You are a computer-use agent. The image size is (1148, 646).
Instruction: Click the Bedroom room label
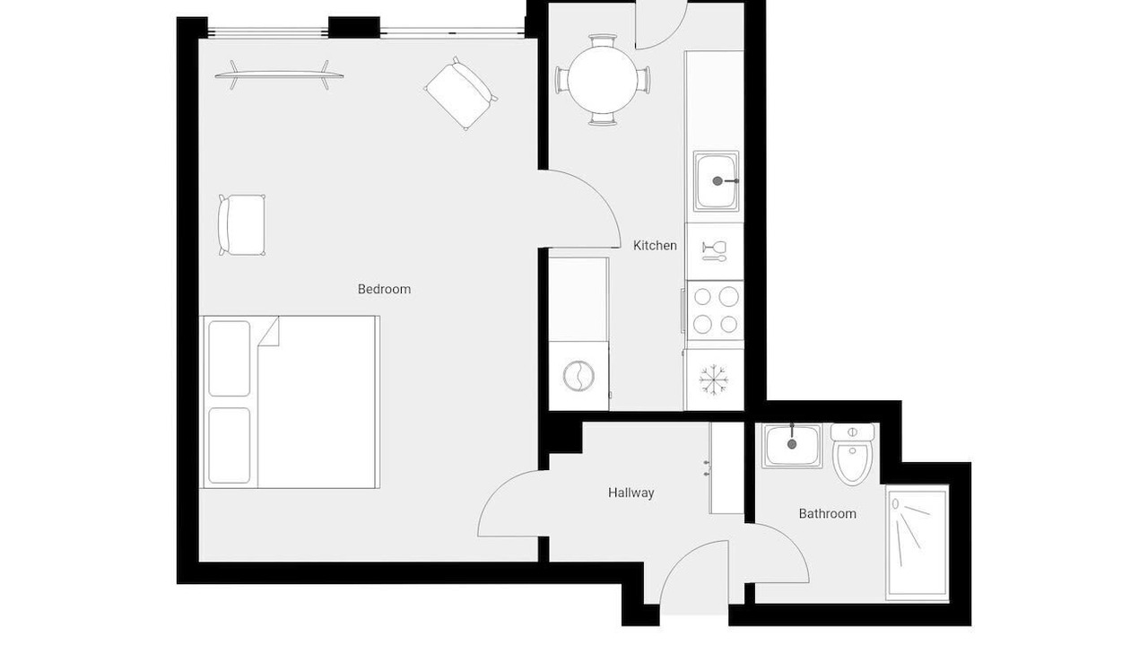(384, 289)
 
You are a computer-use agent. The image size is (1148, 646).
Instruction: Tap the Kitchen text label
(655, 246)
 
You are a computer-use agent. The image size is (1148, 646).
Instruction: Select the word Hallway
(631, 493)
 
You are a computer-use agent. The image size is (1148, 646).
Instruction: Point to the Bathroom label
(827, 514)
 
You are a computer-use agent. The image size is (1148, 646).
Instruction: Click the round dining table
(602, 80)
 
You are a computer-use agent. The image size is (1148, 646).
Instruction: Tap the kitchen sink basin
(716, 181)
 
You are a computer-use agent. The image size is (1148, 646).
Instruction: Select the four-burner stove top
(715, 310)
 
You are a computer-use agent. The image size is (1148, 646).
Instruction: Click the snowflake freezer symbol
(713, 380)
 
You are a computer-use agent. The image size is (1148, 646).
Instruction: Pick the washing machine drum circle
(578, 376)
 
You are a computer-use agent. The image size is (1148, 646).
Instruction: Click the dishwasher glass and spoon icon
(714, 250)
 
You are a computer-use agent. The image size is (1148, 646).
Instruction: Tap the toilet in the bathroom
(852, 454)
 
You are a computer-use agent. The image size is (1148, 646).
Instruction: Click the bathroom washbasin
(792, 446)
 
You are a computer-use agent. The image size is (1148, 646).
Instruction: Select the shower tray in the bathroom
(918, 543)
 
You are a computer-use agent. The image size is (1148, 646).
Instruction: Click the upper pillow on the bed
(229, 358)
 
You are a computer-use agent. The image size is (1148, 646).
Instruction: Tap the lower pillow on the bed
(229, 446)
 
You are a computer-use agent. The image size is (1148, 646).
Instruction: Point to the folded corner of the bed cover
(270, 332)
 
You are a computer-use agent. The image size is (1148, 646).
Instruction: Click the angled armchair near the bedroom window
(461, 93)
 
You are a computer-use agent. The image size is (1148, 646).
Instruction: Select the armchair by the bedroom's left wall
(241, 225)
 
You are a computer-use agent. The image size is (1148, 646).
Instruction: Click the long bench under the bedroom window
(279, 74)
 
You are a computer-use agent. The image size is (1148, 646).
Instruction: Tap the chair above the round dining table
(602, 40)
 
